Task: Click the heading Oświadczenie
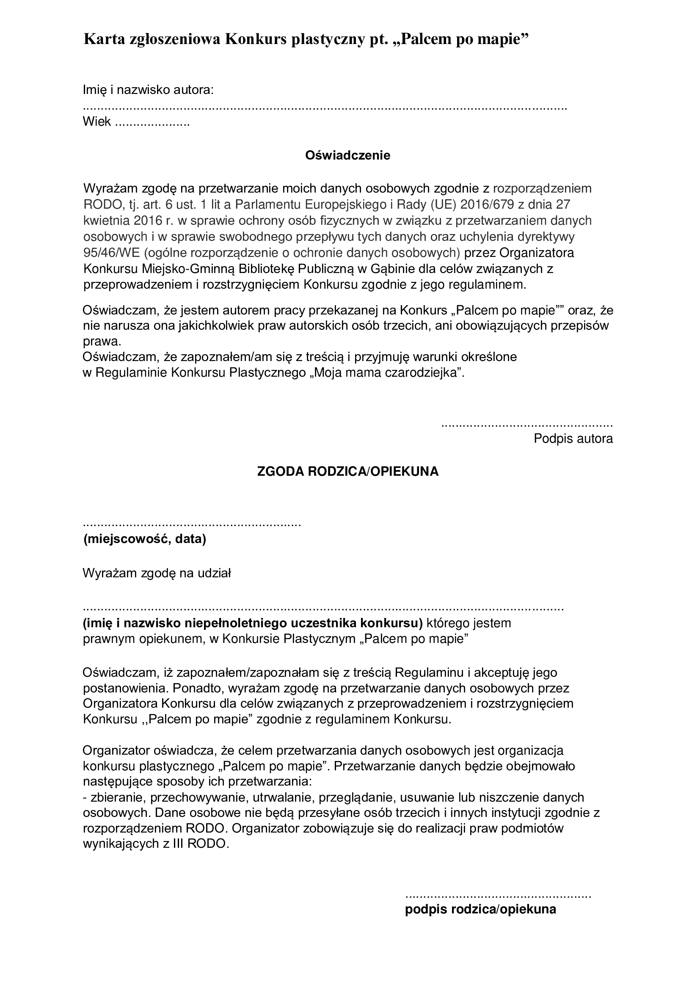tap(347, 155)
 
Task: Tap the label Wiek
tap(97, 121)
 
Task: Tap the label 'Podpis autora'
tap(573, 439)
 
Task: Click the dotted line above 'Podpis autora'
tap(527, 425)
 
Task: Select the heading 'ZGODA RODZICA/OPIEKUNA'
tap(347, 472)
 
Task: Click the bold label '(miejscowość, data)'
tap(144, 539)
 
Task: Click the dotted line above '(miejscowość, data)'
tap(191, 525)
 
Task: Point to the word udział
tap(214, 574)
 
